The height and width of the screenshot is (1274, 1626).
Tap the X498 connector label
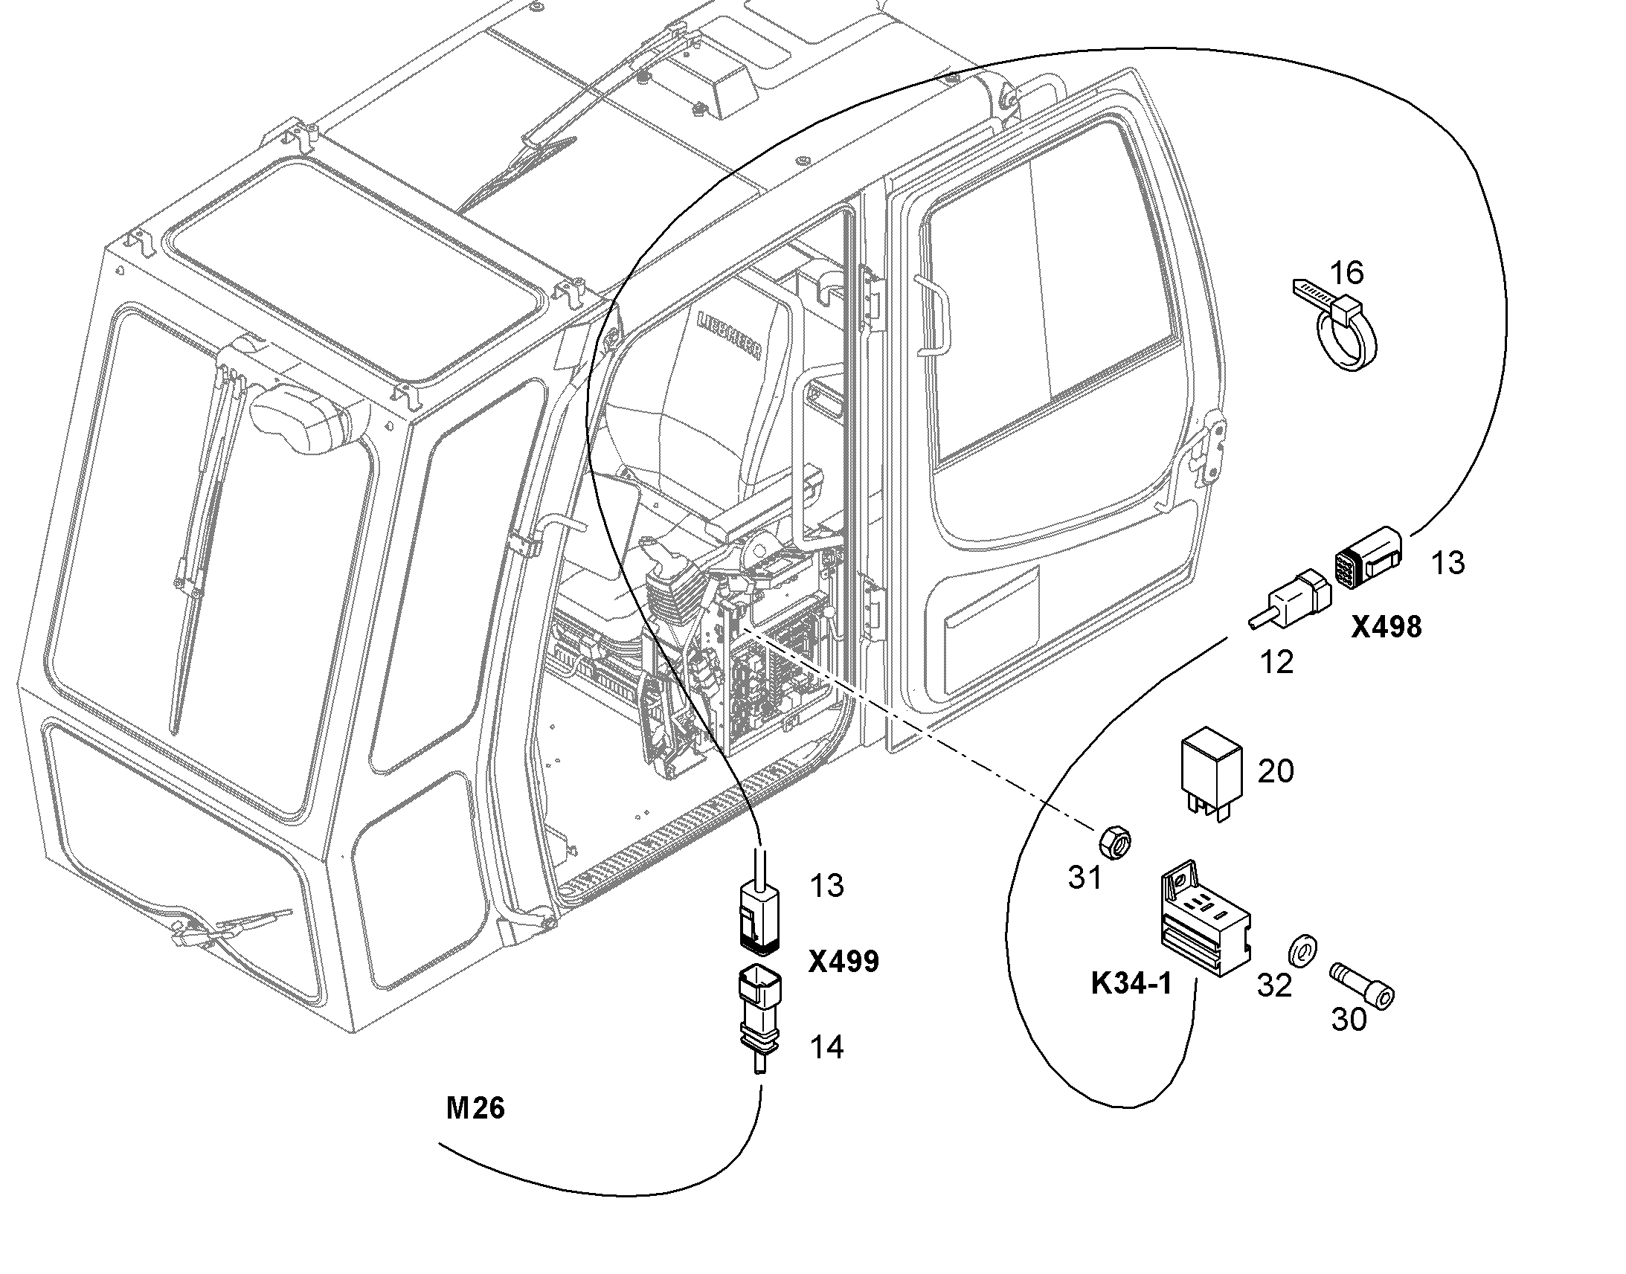pyautogui.click(x=1386, y=627)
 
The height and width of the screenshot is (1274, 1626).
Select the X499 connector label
pyautogui.click(x=843, y=962)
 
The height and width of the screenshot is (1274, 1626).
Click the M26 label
pyautogui.click(x=475, y=1108)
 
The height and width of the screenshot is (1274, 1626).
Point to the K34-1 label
pyautogui.click(x=1131, y=984)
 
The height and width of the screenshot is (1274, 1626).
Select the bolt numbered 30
pyautogui.click(x=1363, y=986)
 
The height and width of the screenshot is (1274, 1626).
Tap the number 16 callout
pyautogui.click(x=1347, y=273)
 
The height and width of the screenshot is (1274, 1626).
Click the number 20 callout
pyautogui.click(x=1276, y=771)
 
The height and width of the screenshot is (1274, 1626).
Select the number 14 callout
pyautogui.click(x=826, y=1048)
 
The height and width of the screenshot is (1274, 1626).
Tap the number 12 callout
pyautogui.click(x=1276, y=662)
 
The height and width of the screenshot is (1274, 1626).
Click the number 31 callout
pyautogui.click(x=1085, y=878)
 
